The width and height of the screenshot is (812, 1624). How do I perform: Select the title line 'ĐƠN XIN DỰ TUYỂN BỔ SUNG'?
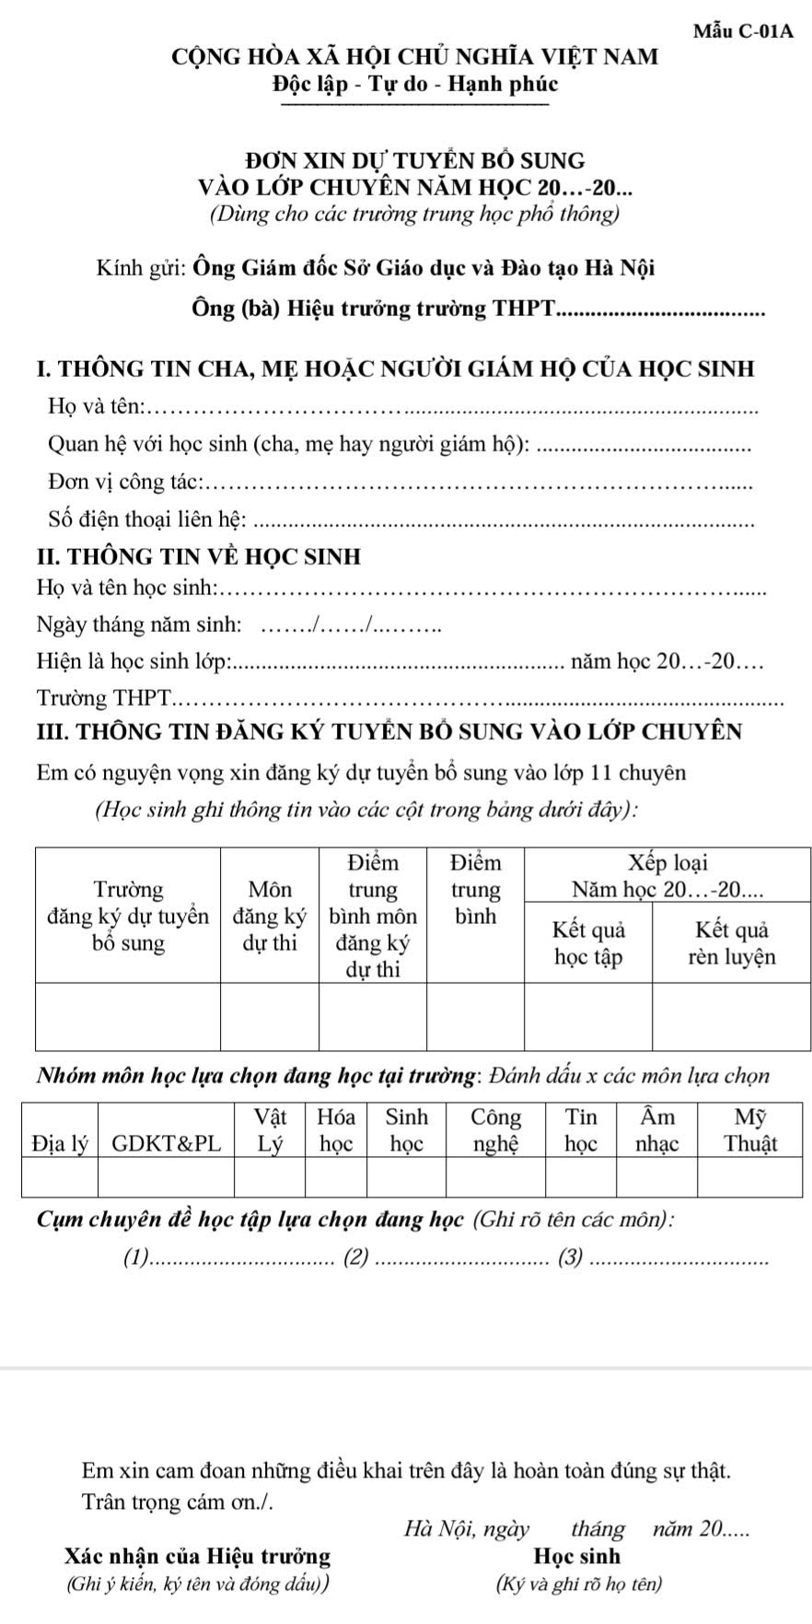[411, 162]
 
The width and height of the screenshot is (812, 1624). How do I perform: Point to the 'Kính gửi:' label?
[142, 270]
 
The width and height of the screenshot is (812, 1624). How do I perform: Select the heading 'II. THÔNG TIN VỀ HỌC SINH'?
[199, 556]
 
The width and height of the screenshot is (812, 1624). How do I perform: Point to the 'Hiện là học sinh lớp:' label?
[135, 661]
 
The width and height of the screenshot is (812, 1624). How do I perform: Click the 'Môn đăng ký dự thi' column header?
[270, 916]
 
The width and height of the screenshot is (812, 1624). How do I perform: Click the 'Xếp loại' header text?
[667, 864]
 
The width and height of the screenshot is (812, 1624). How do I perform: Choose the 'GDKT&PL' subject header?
[167, 1144]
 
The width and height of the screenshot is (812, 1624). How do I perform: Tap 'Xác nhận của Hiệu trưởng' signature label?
[198, 1557]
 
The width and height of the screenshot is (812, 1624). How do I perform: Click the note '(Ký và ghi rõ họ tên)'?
[578, 1585]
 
